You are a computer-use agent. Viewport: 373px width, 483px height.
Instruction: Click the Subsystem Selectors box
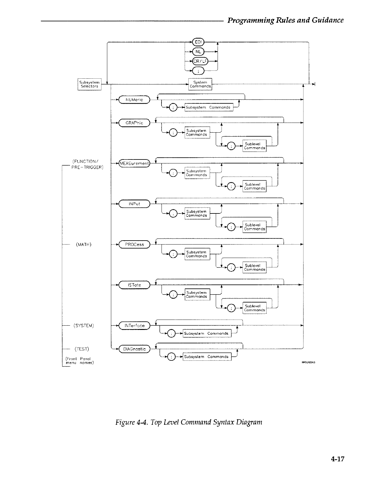pyautogui.click(x=89, y=84)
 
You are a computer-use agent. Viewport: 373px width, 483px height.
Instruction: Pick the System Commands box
pyautogui.click(x=200, y=84)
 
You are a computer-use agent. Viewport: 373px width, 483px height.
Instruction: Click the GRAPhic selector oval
pyautogui.click(x=134, y=123)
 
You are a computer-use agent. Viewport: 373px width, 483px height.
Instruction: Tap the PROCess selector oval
pyautogui.click(x=134, y=244)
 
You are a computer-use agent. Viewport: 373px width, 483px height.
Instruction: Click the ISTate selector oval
pyautogui.click(x=134, y=285)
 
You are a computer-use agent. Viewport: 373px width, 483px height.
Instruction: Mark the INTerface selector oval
pyautogui.click(x=134, y=326)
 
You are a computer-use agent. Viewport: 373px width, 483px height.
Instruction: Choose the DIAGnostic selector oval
pyautogui.click(x=134, y=349)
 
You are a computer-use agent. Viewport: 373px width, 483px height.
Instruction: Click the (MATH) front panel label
pyautogui.click(x=83, y=245)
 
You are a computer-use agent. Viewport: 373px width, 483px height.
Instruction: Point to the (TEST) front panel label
pyautogui.click(x=81, y=349)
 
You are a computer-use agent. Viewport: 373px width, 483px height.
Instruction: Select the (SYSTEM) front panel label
pyautogui.click(x=83, y=326)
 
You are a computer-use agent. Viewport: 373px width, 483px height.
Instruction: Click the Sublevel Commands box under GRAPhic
pyautogui.click(x=254, y=146)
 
